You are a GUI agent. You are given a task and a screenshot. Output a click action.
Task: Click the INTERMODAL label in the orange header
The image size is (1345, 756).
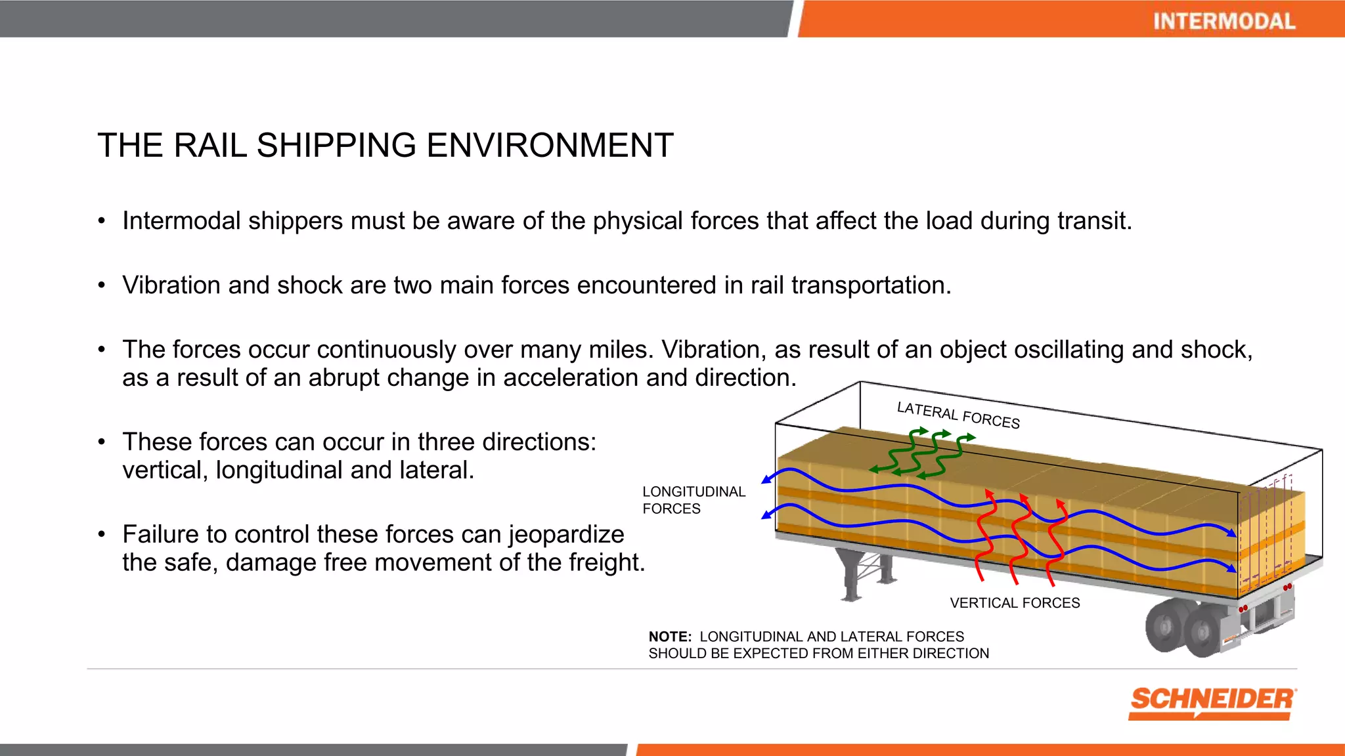[1224, 21]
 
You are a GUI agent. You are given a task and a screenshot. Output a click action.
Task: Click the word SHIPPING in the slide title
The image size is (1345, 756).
[336, 145]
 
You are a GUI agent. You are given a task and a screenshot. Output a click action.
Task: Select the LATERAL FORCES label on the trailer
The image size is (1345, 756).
[958, 415]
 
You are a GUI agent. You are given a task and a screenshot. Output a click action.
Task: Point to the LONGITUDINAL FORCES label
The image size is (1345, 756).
[693, 500]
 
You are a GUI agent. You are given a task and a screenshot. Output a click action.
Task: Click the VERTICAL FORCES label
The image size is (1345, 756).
[1014, 602]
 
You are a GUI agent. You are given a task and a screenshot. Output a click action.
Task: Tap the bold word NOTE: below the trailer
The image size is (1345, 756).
[670, 637]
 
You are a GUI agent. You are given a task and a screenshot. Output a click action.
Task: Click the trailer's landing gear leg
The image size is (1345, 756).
[850, 577]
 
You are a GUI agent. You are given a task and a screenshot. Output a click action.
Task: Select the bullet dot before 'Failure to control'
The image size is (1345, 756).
[101, 534]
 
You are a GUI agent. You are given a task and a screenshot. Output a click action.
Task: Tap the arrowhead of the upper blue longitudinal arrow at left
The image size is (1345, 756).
[766, 480]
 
